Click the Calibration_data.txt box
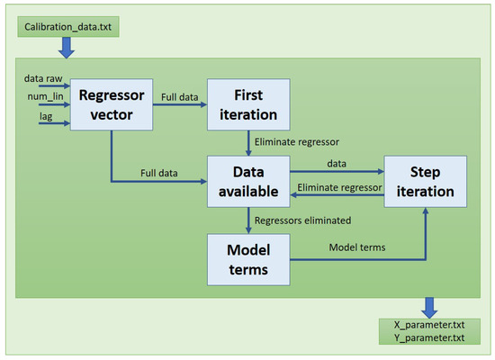click(68, 27)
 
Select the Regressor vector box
click(112, 104)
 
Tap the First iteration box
click(248, 104)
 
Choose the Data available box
click(248, 182)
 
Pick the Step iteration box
click(425, 182)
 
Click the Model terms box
click(248, 259)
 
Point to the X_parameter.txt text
click(429, 325)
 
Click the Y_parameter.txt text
click(429, 337)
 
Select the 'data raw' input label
click(43, 78)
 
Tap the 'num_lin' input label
click(46, 96)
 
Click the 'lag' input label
click(46, 116)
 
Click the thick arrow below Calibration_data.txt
click(67, 48)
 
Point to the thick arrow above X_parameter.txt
click(429, 308)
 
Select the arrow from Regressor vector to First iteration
click(180, 104)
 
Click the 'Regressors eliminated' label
click(302, 220)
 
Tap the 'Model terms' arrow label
click(357, 247)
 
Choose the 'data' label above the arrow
click(337, 164)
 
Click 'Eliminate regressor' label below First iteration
click(297, 142)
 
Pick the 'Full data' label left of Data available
click(159, 173)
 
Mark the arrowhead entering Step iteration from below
click(426, 211)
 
